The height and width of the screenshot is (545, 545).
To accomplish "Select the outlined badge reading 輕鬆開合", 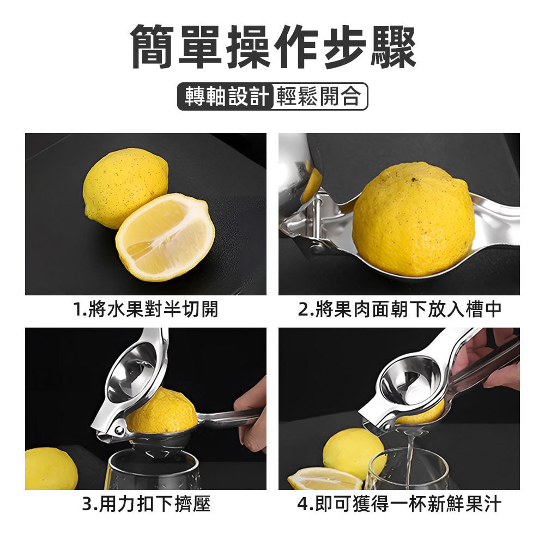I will click(x=319, y=96).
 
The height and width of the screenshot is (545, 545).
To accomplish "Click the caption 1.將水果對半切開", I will click(x=146, y=310).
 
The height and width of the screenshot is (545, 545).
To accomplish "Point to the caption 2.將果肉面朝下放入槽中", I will click(x=399, y=310).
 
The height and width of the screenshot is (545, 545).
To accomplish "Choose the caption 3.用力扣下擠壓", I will click(x=146, y=504).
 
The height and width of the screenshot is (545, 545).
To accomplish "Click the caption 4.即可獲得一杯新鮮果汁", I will click(x=399, y=504).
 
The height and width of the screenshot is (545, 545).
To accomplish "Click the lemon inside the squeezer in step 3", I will click(x=162, y=411).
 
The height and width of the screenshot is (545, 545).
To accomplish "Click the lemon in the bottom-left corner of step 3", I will click(x=49, y=469).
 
